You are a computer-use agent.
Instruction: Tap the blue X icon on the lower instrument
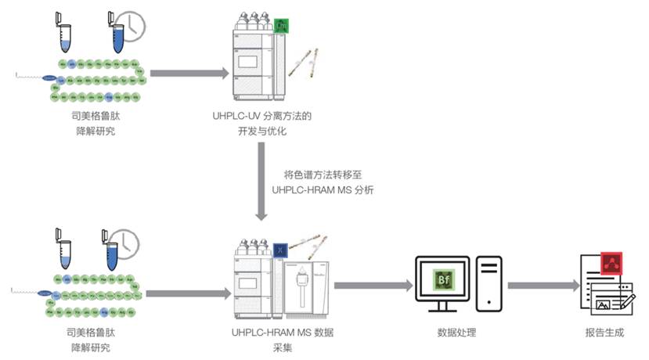coord(281,249)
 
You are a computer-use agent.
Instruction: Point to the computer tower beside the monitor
coord(488,283)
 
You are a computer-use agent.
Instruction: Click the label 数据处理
coord(456,333)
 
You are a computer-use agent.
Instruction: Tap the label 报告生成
coord(604,333)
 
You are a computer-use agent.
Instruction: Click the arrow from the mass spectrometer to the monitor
coord(373,286)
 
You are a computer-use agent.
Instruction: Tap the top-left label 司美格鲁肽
coord(92,116)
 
